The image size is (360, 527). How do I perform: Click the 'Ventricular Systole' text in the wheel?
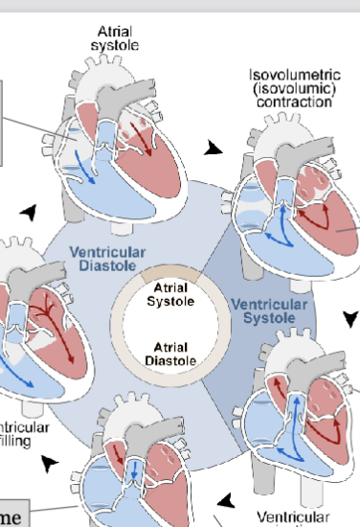point(269,311)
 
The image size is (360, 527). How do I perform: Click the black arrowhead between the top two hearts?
point(214,147)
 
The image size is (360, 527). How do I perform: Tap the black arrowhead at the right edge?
point(351,317)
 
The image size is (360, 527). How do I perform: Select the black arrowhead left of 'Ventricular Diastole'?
point(34,212)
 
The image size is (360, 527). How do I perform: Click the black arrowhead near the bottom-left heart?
point(50,463)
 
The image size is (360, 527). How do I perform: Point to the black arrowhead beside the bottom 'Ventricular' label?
point(226,500)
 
